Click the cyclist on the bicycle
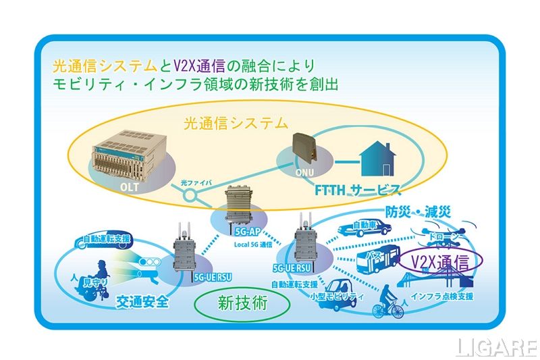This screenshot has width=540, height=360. tap(388, 302)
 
